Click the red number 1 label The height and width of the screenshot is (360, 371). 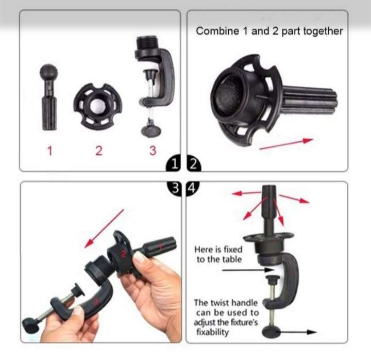pos(50,151)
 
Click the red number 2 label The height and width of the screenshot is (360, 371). pos(98,151)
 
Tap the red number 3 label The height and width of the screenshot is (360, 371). pos(153,151)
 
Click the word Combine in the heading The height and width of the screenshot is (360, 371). pos(217,31)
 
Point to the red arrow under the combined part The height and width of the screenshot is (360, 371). pos(286,144)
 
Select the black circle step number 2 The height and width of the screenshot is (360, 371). pos(193,165)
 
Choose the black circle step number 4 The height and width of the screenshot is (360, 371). pos(193,188)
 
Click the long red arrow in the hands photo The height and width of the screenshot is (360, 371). pos(105,227)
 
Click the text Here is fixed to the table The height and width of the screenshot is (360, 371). pos(218,254)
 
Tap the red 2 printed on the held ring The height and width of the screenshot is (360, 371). pos(123,253)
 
